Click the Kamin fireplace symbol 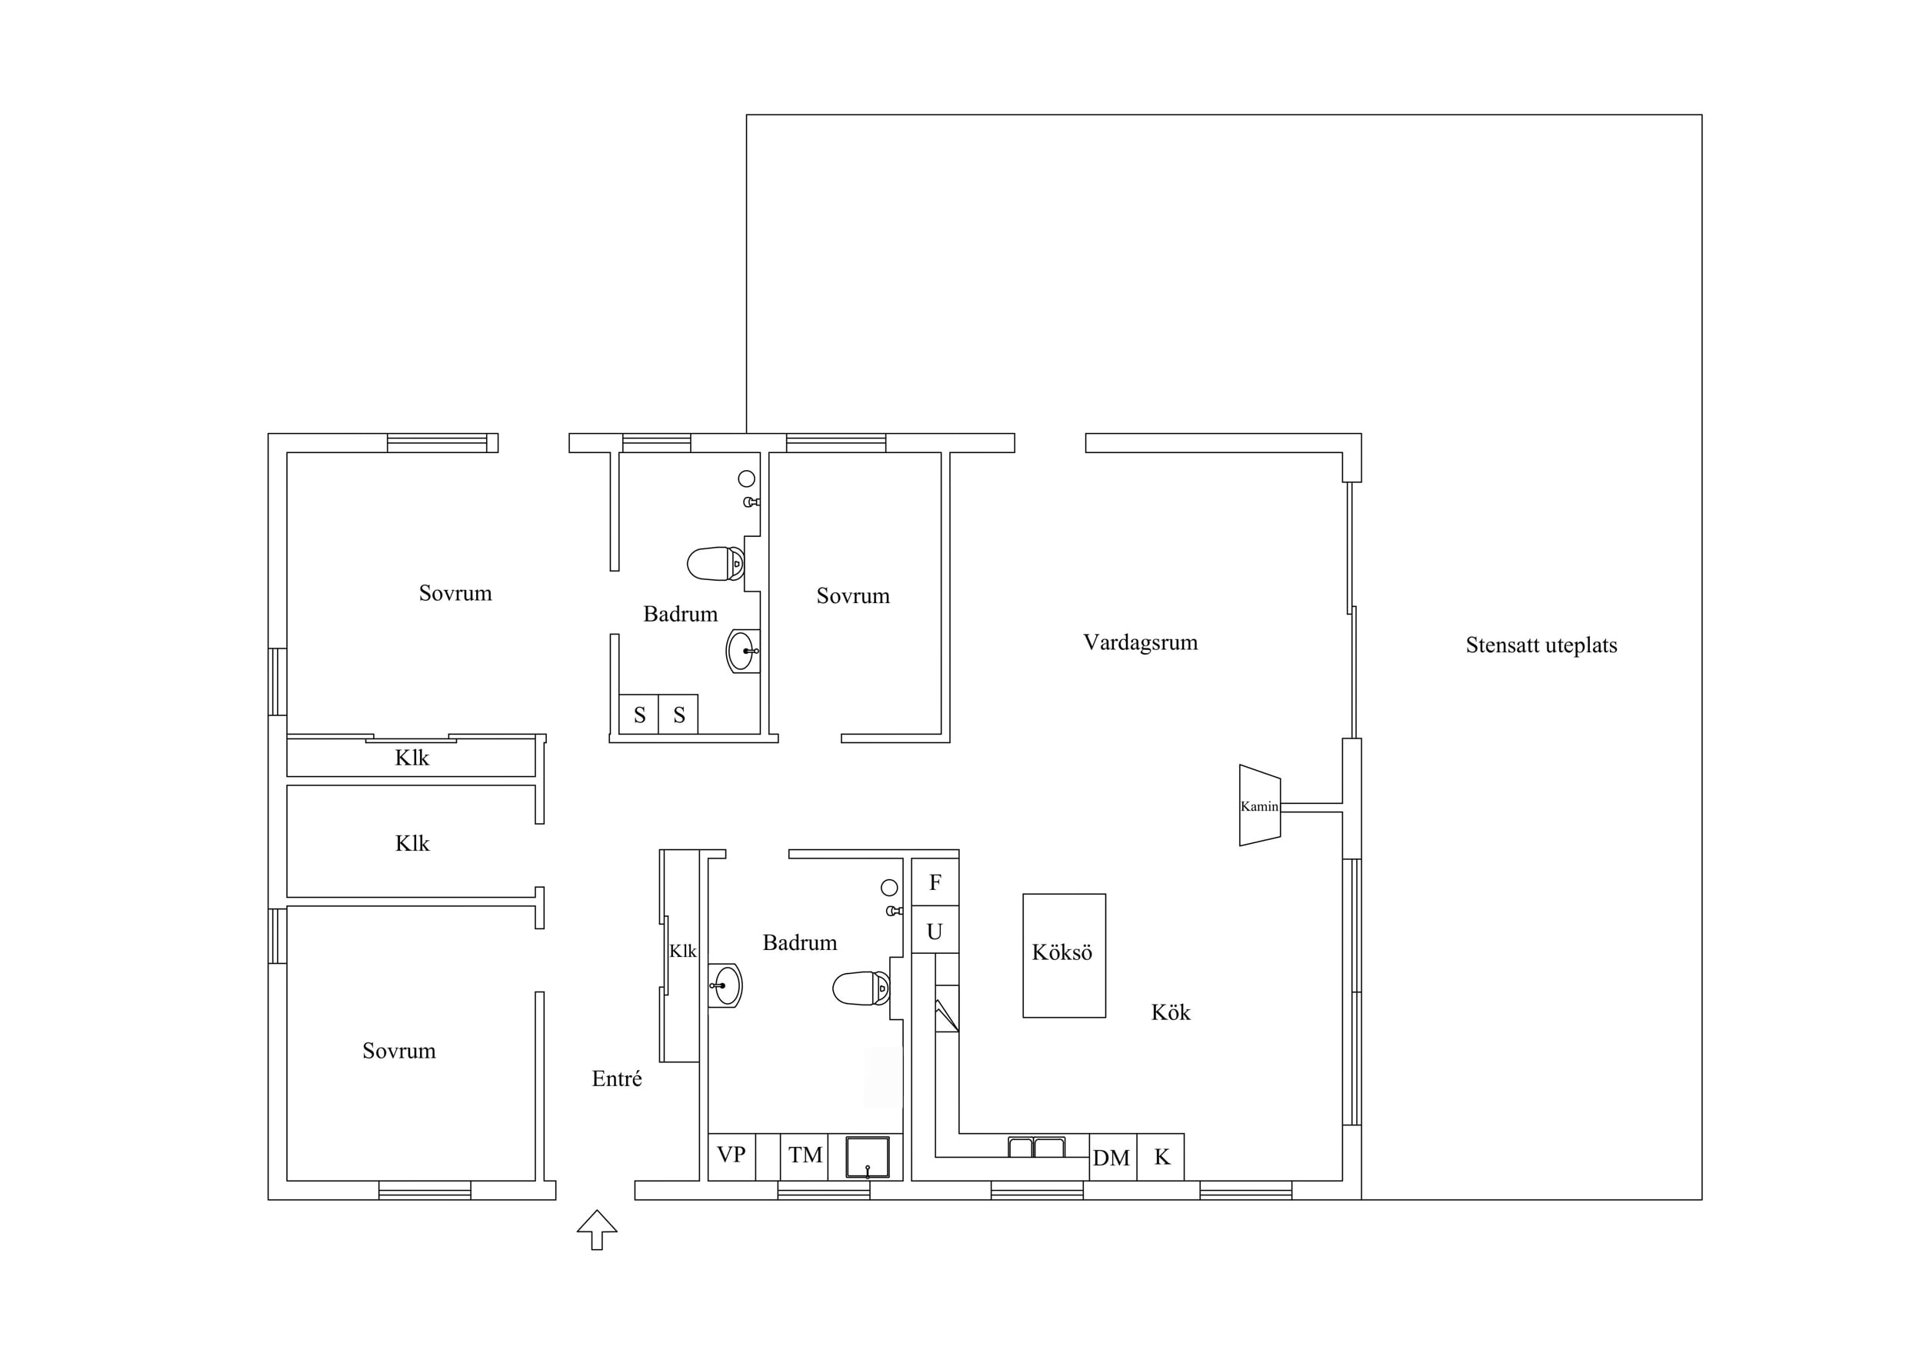click(x=1260, y=805)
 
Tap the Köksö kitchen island click(x=1064, y=955)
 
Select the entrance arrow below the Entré click(x=597, y=1229)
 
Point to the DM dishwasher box click(x=1112, y=1158)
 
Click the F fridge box click(x=935, y=882)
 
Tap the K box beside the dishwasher click(x=1161, y=1158)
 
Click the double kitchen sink click(x=1037, y=1146)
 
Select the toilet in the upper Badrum click(x=716, y=564)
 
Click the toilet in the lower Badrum click(x=861, y=988)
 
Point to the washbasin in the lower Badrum click(x=725, y=985)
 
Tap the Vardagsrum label click(x=1140, y=642)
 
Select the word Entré click(x=616, y=1078)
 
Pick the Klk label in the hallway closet click(x=682, y=952)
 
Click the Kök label click(x=1170, y=1012)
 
